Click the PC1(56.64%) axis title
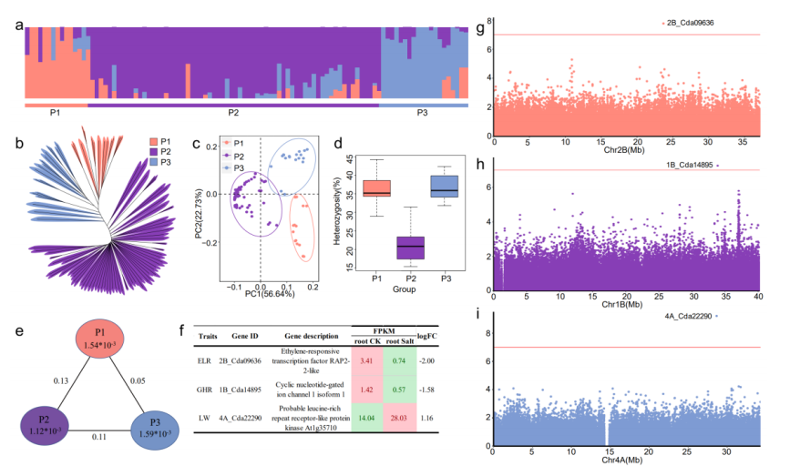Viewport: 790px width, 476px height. pyautogui.click(x=261, y=293)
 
